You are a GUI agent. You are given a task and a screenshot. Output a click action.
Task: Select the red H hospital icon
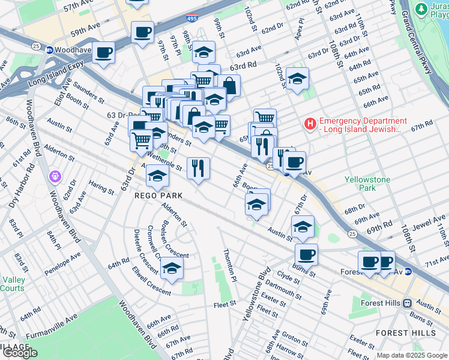coord(310,125)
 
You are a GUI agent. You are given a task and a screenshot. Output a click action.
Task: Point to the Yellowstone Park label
coord(367,184)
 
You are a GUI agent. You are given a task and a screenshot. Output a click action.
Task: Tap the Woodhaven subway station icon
coord(50,50)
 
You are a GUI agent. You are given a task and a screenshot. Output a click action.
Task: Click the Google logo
coord(20,353)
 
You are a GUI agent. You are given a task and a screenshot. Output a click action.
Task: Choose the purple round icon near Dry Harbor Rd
coord(55,177)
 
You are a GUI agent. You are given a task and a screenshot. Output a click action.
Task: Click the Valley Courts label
coord(13,284)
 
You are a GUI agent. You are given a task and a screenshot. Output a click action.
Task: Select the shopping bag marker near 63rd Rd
coord(228,85)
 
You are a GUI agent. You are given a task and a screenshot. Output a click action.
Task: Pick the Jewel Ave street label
coord(429,224)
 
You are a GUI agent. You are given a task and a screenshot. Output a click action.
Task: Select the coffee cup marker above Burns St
coord(306,254)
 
